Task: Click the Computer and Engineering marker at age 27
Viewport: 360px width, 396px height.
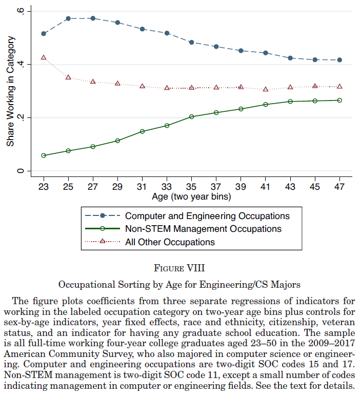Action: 93,18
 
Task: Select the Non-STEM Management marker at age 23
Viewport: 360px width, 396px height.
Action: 44,155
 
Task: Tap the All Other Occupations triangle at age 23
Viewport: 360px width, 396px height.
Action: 44,57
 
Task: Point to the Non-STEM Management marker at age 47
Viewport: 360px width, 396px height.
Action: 339,100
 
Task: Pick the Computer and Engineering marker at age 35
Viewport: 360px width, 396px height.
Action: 191,42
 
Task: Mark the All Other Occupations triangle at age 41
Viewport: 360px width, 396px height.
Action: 265,89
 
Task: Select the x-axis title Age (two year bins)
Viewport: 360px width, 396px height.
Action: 191,196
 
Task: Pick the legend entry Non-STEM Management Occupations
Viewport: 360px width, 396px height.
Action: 203,229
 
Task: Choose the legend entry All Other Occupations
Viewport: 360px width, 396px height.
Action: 170,242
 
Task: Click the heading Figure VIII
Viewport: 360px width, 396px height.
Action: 179,268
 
